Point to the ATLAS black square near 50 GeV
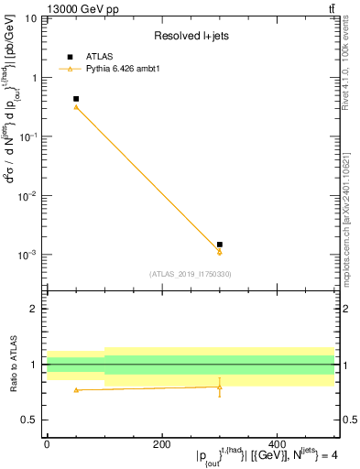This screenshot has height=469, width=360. pos(76,99)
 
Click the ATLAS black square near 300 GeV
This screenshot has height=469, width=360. pos(220,245)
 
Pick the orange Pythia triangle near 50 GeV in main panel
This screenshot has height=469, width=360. pos(76,107)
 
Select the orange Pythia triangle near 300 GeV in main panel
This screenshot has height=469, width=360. pos(220,252)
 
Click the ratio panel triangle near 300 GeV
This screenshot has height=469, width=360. pos(220,387)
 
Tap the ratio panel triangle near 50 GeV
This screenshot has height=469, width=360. pos(76,390)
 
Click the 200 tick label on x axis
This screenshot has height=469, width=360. pos(162,444)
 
